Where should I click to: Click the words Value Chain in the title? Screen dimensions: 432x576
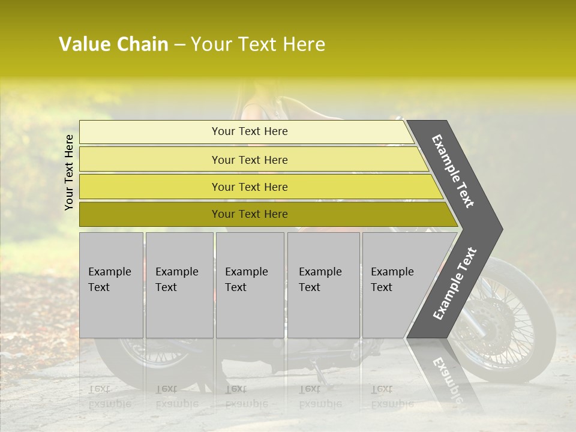[113, 44]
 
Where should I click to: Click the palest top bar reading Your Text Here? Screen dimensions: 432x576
[250, 131]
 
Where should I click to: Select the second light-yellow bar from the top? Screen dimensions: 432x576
[250, 160]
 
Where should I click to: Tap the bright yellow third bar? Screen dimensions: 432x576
[250, 187]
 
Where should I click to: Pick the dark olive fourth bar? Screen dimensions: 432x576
[250, 214]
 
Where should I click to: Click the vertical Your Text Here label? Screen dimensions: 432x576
[69, 172]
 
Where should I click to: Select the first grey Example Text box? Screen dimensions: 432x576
[111, 284]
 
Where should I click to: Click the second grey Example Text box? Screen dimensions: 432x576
[179, 284]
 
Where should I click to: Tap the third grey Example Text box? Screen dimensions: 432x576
[250, 284]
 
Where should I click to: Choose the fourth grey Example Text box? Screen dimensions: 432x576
[323, 284]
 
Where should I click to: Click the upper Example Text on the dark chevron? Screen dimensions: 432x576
[453, 171]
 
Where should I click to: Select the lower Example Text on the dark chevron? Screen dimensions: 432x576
[455, 283]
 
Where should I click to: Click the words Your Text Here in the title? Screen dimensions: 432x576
[258, 44]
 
